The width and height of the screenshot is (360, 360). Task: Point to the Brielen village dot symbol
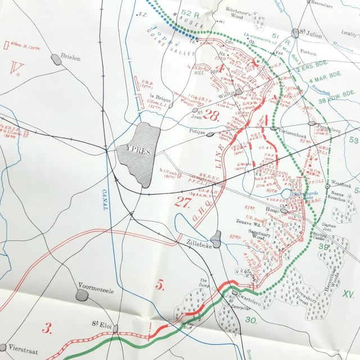[56, 58]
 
